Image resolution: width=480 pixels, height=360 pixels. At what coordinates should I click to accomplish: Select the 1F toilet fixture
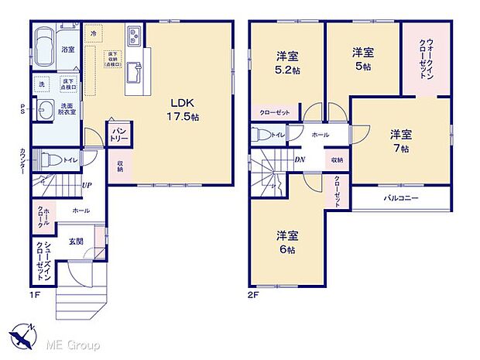point(49,160)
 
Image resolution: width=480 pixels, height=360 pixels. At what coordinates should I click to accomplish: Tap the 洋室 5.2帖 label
point(287,63)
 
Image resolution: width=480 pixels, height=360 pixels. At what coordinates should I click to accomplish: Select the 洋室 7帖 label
point(400,140)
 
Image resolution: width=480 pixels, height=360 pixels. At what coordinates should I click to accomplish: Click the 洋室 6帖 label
point(287,242)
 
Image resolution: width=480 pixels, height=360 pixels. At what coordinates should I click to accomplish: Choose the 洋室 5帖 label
point(363,59)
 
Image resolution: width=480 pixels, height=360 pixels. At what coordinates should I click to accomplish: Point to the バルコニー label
point(402,198)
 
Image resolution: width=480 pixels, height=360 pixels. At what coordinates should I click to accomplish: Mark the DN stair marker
point(299,159)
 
